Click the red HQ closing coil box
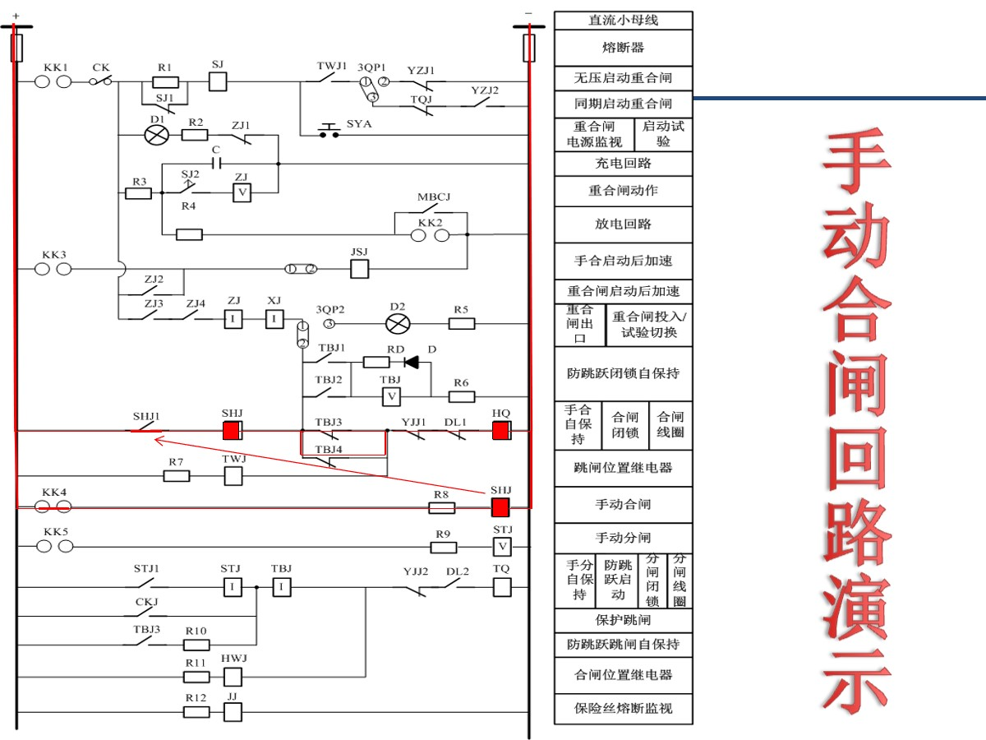(x=501, y=430)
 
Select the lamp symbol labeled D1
(x=156, y=135)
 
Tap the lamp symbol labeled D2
(x=399, y=323)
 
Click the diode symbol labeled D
(x=411, y=362)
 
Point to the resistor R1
(x=165, y=81)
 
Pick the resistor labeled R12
(x=196, y=711)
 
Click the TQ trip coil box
(x=502, y=586)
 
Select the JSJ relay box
(x=359, y=268)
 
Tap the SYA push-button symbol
(x=329, y=132)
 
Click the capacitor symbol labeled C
(x=216, y=163)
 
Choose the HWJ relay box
(x=233, y=677)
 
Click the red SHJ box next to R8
(x=501, y=506)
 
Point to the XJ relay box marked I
(x=274, y=320)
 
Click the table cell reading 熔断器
(x=623, y=48)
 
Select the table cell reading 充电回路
(x=623, y=163)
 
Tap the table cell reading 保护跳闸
(x=623, y=619)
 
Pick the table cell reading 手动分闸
(x=623, y=538)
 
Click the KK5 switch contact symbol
(x=54, y=546)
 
